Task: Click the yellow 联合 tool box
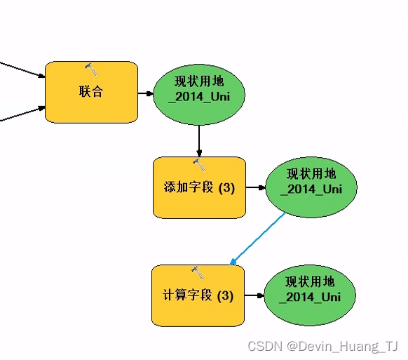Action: click(x=91, y=92)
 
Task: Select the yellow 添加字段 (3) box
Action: click(x=199, y=187)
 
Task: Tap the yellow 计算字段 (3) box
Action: click(x=198, y=295)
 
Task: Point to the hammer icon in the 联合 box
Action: click(x=91, y=69)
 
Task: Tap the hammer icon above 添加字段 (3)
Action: click(x=199, y=165)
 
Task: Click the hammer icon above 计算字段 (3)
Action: click(x=198, y=272)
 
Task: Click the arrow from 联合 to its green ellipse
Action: click(x=146, y=92)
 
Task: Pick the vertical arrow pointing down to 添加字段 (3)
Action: click(x=200, y=140)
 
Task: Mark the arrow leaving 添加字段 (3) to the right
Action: click(x=255, y=188)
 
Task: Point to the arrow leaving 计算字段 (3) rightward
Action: click(x=254, y=295)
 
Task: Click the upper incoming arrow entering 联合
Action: click(x=21, y=70)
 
